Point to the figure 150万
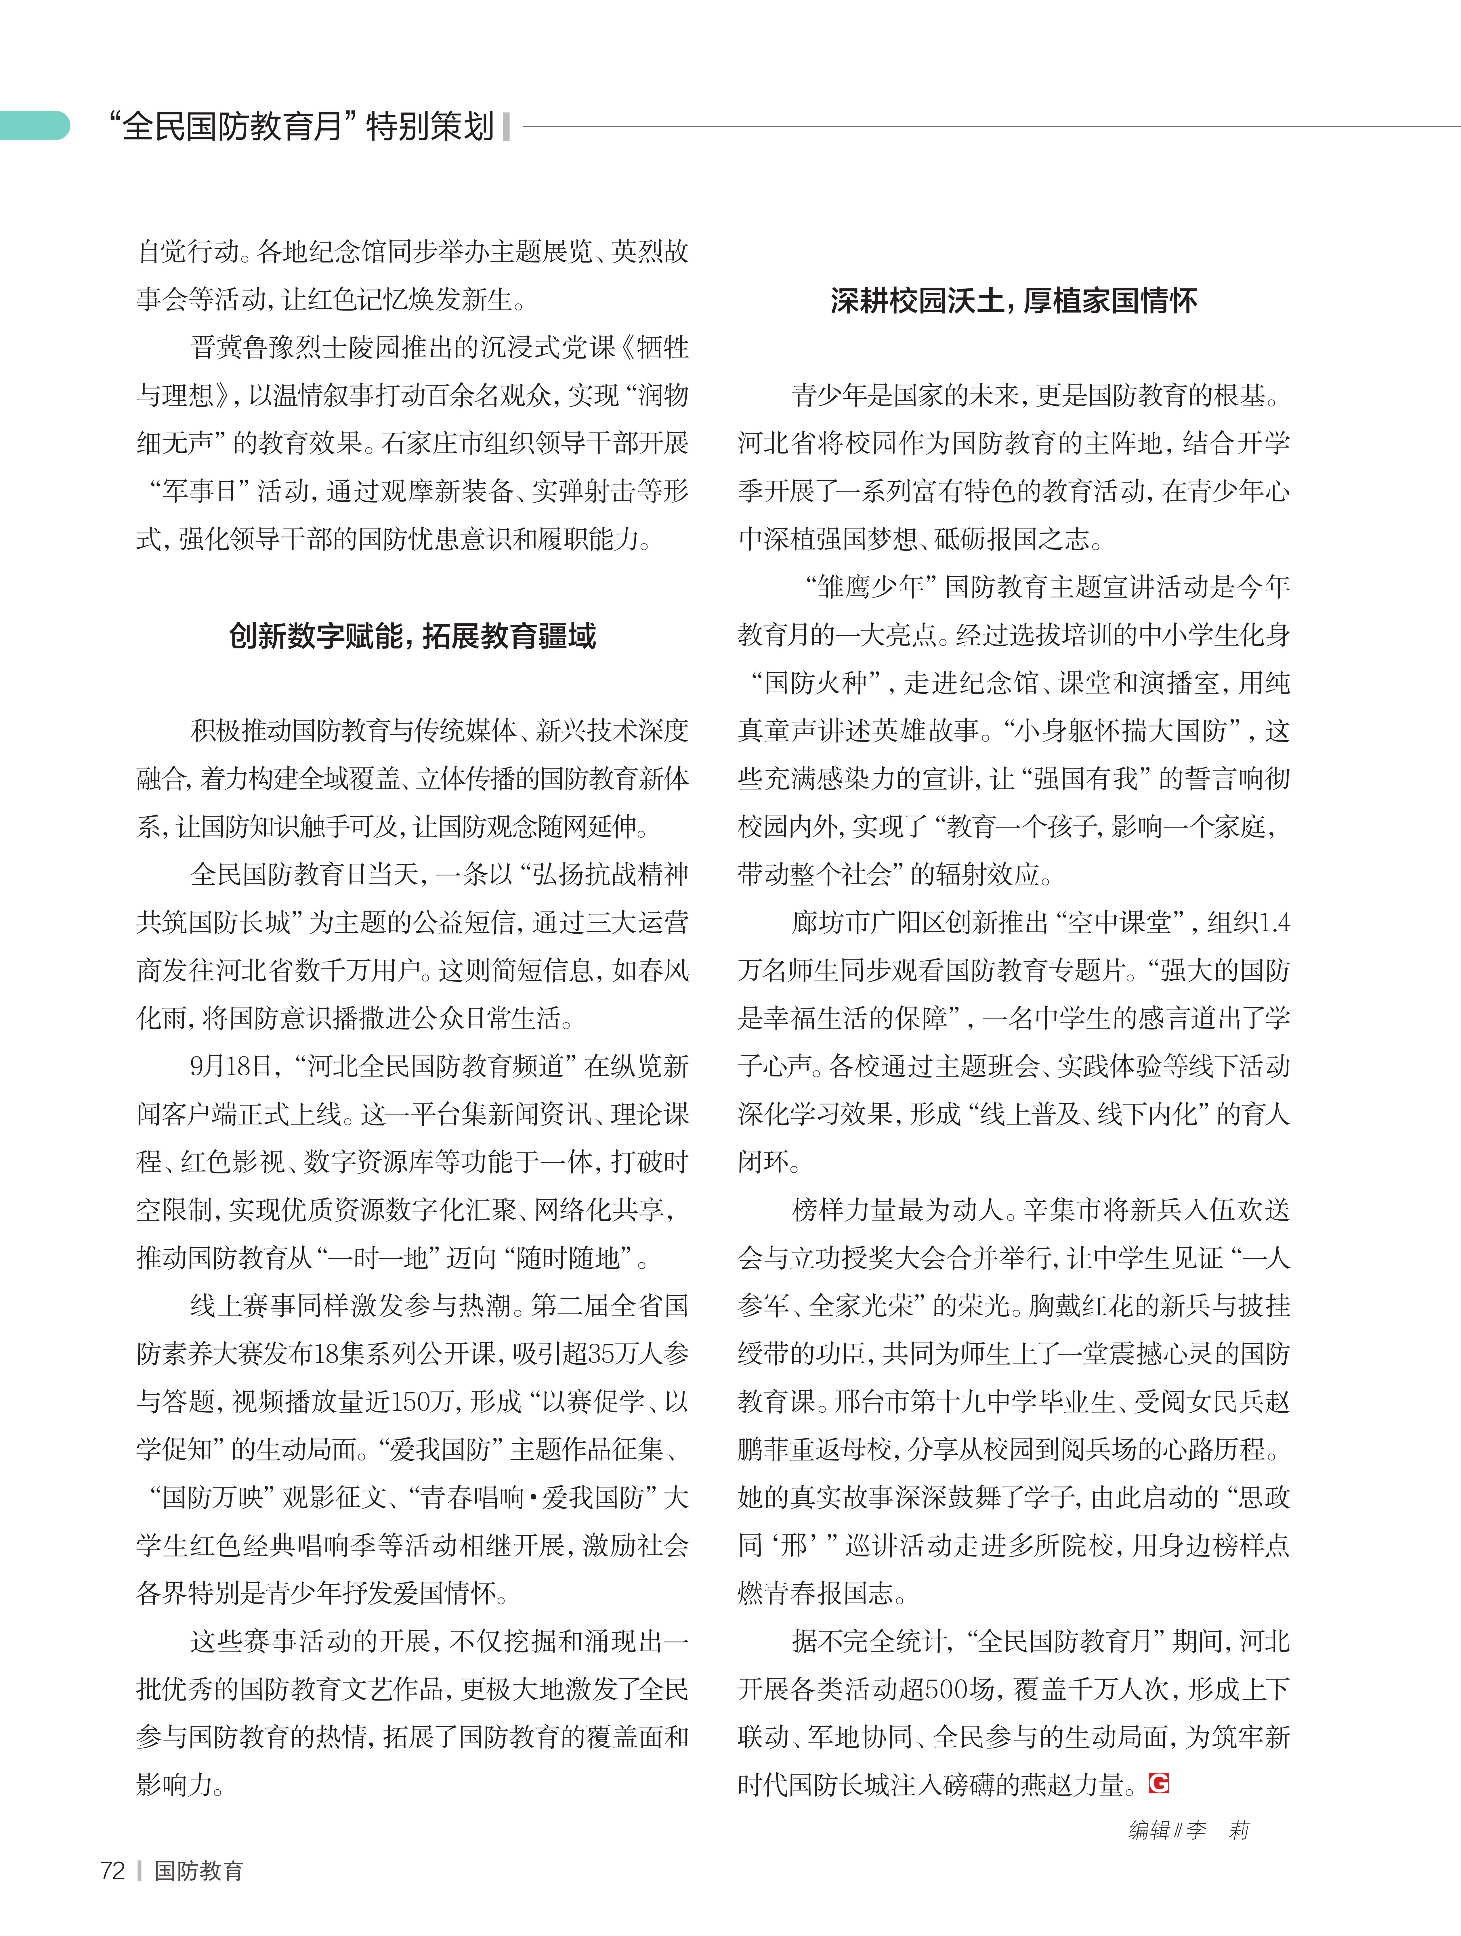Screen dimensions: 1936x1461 coord(420,1401)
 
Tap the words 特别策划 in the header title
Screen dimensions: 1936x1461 coord(430,126)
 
